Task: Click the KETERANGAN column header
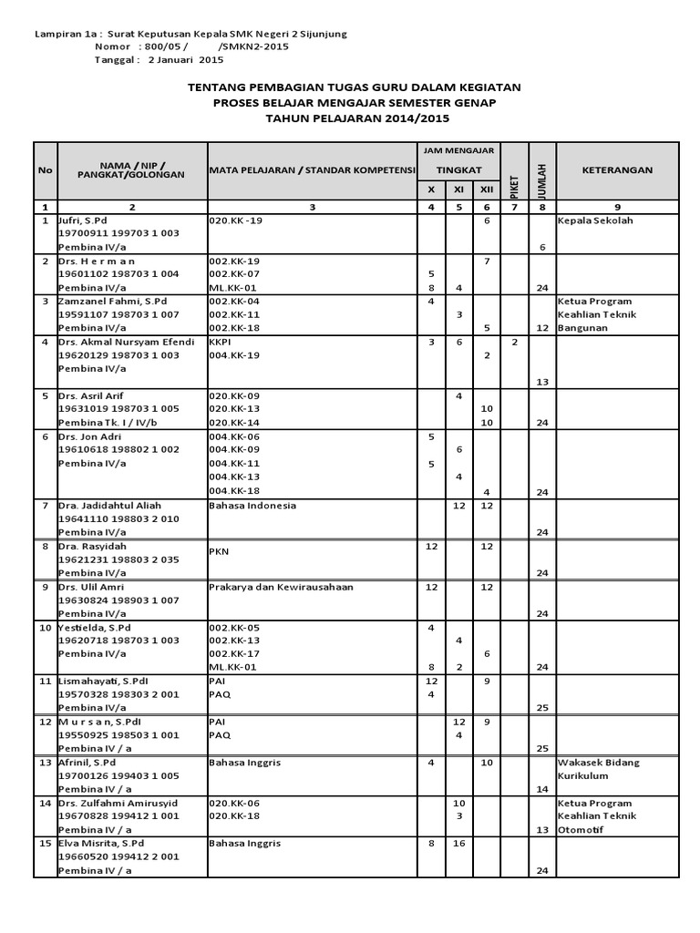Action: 618,169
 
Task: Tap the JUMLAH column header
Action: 541,171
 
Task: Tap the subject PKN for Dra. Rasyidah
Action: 219,550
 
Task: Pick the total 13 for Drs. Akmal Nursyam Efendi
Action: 541,382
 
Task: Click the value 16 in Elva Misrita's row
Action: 459,844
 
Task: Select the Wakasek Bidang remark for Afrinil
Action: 599,762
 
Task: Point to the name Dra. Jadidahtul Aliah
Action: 114,505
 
